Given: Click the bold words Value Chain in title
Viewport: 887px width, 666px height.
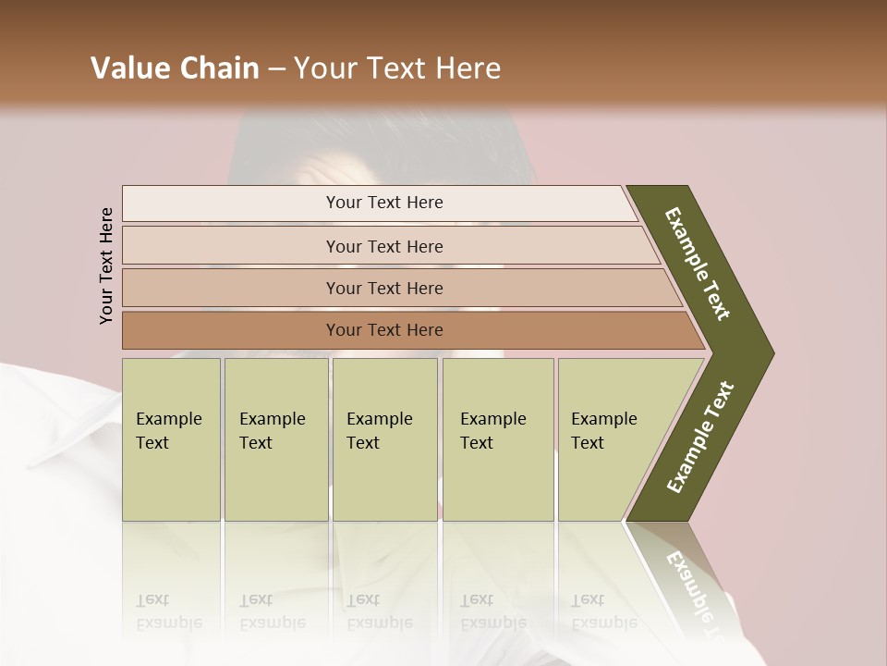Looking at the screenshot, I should pos(175,68).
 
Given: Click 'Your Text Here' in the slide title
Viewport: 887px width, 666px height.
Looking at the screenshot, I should pos(397,68).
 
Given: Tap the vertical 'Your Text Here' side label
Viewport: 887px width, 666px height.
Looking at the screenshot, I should pos(106,265).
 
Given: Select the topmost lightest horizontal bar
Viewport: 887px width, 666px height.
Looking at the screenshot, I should pos(379,203).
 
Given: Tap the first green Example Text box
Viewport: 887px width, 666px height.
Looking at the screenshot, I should pos(171,439).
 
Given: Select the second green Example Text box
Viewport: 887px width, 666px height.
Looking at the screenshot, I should pos(276,439).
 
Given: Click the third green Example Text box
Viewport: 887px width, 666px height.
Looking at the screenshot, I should pos(384,439).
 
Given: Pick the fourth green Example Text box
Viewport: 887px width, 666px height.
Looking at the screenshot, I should pos(498,439).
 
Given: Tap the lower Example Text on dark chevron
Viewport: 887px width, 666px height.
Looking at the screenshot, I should pos(700,437).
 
